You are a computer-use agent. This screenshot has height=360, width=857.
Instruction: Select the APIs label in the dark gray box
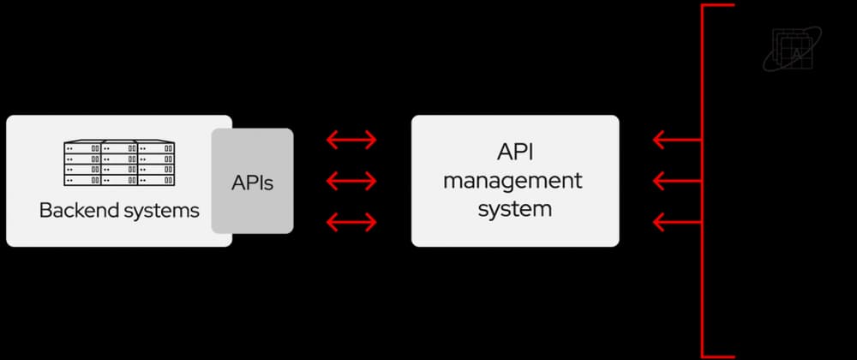point(252,182)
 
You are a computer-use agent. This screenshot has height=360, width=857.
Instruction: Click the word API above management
point(514,153)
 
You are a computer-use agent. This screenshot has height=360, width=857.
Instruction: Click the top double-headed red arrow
point(351,140)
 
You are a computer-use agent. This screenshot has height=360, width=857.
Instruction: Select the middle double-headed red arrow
point(351,181)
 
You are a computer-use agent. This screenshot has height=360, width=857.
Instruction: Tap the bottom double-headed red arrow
point(351,223)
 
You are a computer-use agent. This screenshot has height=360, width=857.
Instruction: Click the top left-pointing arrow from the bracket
point(677,140)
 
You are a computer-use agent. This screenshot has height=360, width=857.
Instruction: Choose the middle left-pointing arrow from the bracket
point(677,181)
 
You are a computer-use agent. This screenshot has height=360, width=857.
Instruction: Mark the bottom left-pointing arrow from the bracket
point(677,223)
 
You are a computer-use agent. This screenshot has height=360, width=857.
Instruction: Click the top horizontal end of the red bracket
point(718,5)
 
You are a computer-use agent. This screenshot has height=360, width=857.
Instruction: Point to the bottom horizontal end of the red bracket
point(718,355)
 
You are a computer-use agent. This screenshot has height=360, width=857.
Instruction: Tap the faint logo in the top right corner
point(791,47)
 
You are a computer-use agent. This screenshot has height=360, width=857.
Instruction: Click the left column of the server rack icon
point(82,164)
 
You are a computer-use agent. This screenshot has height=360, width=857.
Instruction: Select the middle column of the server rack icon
point(120,164)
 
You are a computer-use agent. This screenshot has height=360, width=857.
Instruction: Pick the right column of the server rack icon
point(158,164)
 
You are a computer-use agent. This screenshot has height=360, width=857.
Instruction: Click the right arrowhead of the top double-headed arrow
point(370,140)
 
